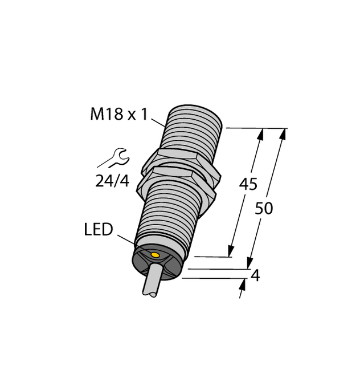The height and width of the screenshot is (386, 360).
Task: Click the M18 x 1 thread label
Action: [x=119, y=115]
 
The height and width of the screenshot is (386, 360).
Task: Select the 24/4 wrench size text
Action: [x=112, y=181]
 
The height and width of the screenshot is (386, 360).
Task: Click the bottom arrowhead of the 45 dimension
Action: [x=231, y=251]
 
